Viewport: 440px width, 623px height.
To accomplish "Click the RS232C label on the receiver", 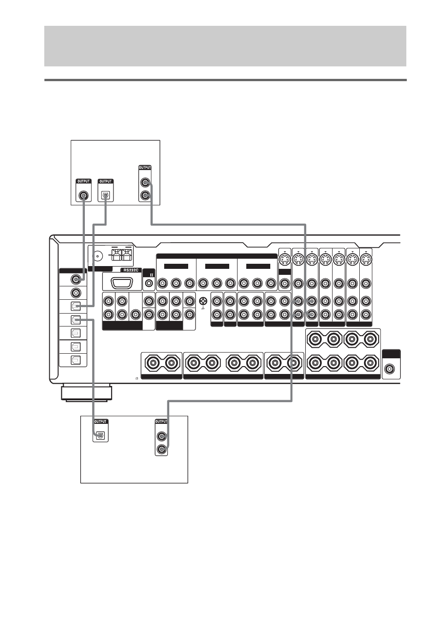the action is coord(131,270).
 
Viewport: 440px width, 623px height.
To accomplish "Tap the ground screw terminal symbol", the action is coord(203,301).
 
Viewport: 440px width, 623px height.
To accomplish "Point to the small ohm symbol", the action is coord(137,379).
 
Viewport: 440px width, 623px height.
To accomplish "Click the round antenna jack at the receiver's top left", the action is coord(98,255).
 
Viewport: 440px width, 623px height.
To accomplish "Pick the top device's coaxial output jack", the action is coord(83,196).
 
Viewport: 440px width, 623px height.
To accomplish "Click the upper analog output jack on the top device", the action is coord(145,183).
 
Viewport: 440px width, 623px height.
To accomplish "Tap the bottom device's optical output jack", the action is coord(100,435).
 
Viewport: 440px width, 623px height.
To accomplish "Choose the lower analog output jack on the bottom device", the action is coord(161,449).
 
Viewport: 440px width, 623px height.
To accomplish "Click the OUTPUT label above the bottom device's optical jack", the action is coord(101,421).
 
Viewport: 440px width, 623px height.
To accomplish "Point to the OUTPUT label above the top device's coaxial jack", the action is coord(83,181).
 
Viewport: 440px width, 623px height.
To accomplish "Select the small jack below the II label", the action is coord(149,284).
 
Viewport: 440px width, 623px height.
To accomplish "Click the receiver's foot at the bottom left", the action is coord(87,393).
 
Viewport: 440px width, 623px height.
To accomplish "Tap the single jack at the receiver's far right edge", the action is coord(389,369).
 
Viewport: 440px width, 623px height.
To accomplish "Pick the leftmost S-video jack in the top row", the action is coord(285,261).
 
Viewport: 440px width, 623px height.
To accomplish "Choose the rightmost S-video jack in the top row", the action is coord(366,261).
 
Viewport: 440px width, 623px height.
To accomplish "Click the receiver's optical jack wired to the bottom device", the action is coord(76,320).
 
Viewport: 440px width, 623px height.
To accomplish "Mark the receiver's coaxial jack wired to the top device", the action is coord(76,279).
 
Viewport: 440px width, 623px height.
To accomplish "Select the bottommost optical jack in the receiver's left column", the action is coord(76,360).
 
